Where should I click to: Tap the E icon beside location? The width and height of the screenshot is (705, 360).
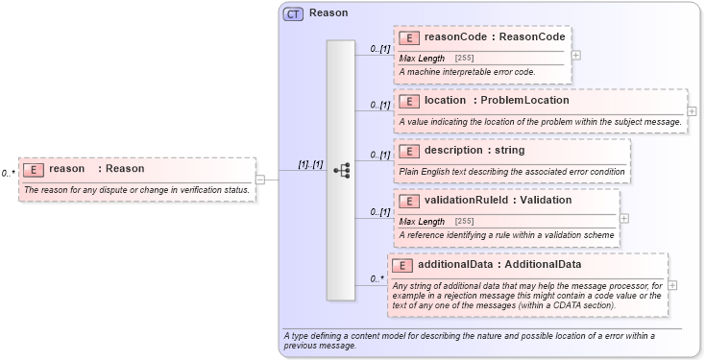(x=409, y=101)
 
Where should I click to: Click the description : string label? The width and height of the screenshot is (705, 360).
(x=474, y=151)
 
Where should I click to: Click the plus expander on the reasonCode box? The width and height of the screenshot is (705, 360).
(x=575, y=55)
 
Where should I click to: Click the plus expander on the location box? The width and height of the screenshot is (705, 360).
(x=692, y=111)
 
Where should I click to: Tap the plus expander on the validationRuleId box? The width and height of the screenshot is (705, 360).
(x=624, y=218)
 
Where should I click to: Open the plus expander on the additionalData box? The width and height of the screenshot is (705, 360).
(x=672, y=285)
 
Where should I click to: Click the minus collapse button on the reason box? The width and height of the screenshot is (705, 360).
(x=259, y=179)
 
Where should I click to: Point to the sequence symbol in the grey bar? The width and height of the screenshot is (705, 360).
(x=341, y=170)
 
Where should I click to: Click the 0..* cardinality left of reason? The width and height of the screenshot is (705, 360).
(x=9, y=174)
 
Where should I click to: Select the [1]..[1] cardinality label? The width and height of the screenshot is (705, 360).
(x=310, y=163)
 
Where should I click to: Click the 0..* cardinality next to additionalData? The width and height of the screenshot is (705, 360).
(x=377, y=279)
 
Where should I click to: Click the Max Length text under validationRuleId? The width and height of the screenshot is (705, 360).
(x=422, y=222)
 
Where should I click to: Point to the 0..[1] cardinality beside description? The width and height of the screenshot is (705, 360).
(x=380, y=155)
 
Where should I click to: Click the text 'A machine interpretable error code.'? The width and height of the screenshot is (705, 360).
(x=467, y=72)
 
